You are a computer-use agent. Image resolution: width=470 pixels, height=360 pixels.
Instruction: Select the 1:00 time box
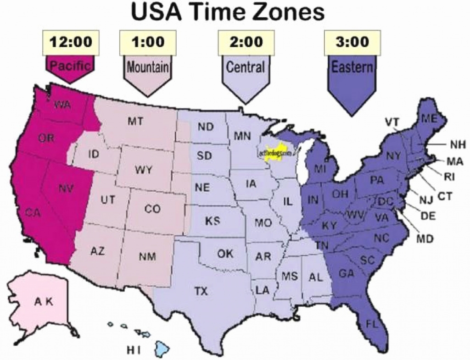click(x=148, y=42)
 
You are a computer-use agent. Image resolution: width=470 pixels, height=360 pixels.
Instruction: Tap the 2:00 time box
click(x=246, y=42)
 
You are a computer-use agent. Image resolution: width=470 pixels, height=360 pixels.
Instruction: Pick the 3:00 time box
click(x=352, y=42)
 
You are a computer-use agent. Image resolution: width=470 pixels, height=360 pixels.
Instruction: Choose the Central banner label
click(x=246, y=68)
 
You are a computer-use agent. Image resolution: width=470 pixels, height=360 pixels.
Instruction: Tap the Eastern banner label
click(x=352, y=68)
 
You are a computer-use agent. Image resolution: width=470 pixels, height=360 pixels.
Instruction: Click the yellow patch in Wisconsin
click(x=276, y=153)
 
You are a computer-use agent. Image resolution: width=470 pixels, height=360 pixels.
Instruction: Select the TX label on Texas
click(x=201, y=291)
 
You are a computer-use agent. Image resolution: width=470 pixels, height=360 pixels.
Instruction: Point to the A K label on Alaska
click(x=44, y=302)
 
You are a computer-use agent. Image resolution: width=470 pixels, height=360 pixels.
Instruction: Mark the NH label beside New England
click(x=457, y=145)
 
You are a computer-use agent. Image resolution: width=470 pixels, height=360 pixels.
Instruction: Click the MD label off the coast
click(x=426, y=239)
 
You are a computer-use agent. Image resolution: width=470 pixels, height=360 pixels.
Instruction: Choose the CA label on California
click(x=32, y=212)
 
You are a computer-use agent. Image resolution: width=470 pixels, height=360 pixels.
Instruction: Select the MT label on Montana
click(x=135, y=122)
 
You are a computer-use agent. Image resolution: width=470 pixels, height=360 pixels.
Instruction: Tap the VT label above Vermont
click(x=392, y=122)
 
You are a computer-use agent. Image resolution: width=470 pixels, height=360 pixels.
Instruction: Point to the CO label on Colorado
click(x=152, y=209)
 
